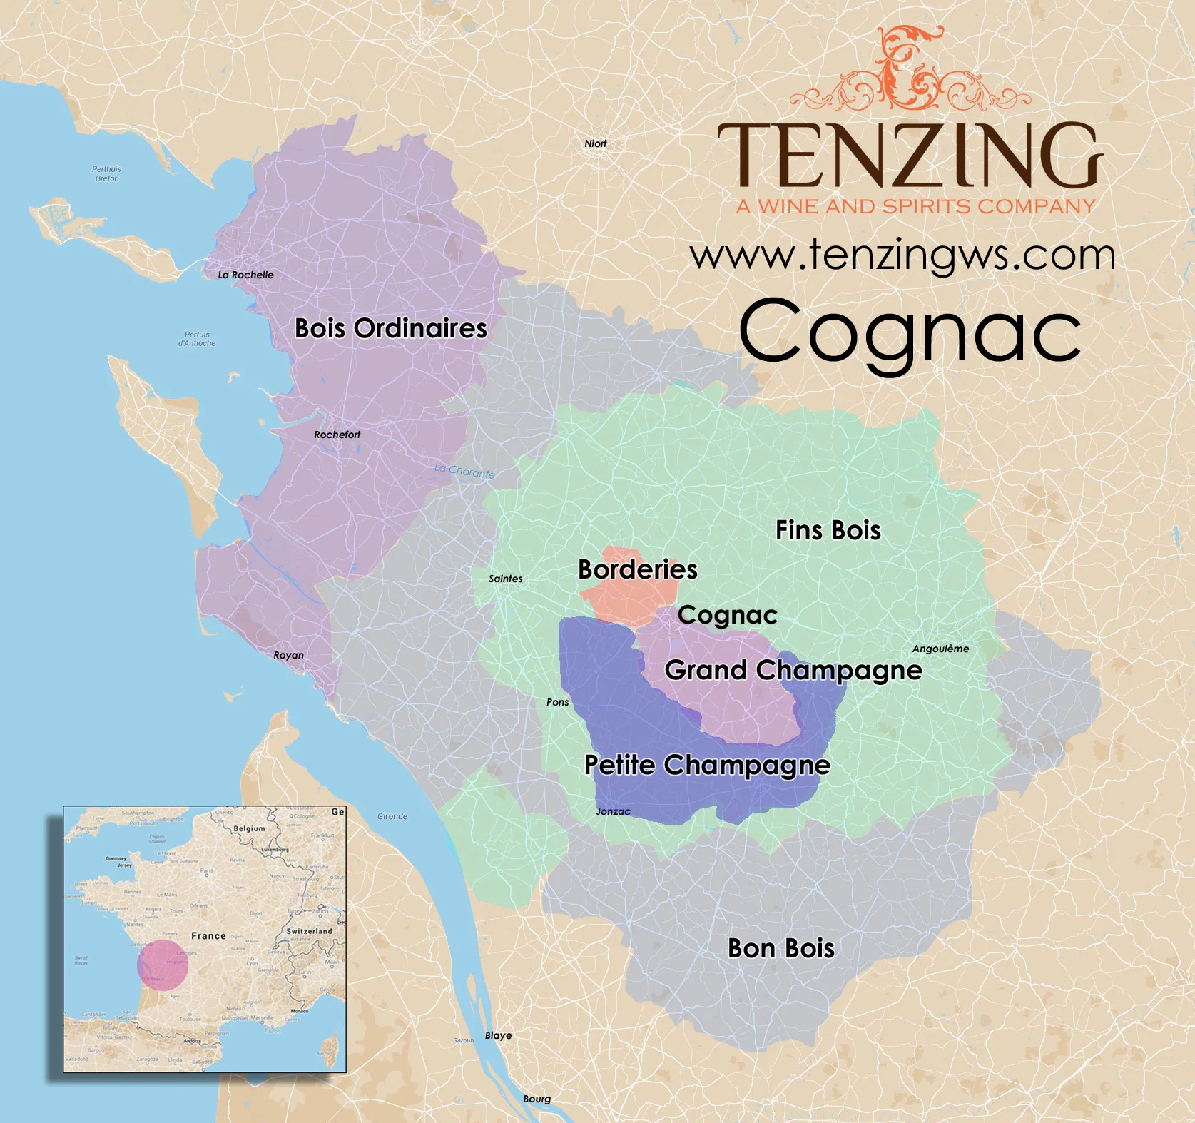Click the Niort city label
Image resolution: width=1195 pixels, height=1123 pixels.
coord(595,143)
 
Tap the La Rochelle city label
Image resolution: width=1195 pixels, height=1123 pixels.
coord(245,275)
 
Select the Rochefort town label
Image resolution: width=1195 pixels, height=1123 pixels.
coord(337,435)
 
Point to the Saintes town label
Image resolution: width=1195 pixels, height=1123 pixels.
coord(505,579)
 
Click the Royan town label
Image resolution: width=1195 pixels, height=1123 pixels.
coord(288,655)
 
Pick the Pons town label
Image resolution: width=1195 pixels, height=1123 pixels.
coord(557,702)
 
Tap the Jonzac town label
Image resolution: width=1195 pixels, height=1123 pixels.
coord(613,811)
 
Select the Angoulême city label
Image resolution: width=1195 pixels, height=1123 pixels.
coord(940,649)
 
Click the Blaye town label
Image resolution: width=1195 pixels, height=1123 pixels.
coord(498,1035)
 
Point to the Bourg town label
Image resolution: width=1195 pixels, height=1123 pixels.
coord(537,1099)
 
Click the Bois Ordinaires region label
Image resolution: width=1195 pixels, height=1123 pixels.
coord(390,328)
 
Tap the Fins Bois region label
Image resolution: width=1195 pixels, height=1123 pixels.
coord(828,530)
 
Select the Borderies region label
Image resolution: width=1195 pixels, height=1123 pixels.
coord(637,569)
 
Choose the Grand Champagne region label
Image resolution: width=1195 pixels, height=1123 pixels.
coord(793,670)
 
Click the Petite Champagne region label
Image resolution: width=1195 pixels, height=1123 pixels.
coord(707,765)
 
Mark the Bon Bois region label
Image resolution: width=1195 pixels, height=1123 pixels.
coord(780,948)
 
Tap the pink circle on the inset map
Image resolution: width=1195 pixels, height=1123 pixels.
coord(163,965)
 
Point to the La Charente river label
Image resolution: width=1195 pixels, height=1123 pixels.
coord(464,471)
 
